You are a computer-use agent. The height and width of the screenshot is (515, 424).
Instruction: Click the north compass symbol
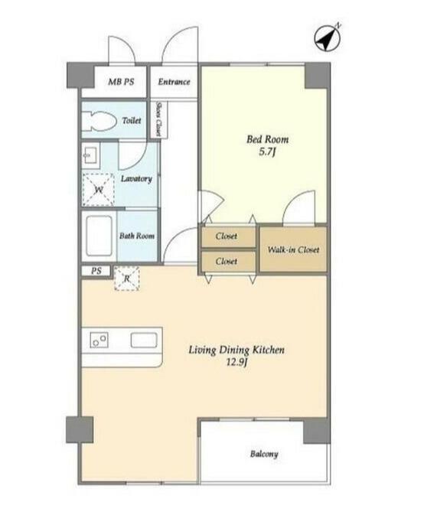click(328, 38)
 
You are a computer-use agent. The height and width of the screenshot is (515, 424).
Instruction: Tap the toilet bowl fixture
click(99, 121)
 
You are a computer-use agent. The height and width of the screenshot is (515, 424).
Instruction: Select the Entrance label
click(174, 82)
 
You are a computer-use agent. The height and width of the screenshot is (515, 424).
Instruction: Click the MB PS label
click(121, 82)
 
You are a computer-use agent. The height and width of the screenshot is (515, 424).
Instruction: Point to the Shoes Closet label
click(158, 119)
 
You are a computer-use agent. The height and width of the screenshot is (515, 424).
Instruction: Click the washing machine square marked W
click(99, 190)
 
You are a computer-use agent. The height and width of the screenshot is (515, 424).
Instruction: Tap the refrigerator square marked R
click(127, 279)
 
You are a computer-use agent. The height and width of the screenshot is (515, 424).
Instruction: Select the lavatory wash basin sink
click(90, 155)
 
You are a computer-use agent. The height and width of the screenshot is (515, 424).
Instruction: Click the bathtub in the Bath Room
click(99, 236)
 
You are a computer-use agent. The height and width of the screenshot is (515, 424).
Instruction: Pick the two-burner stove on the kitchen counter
click(99, 340)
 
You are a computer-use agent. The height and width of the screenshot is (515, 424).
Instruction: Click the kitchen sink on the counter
click(144, 341)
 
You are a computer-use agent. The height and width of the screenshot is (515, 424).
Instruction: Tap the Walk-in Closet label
click(293, 250)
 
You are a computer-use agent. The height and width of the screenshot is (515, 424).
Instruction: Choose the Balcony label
click(264, 454)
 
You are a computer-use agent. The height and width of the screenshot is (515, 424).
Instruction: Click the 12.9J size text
click(236, 362)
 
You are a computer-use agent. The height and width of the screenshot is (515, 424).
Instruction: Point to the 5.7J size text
click(267, 152)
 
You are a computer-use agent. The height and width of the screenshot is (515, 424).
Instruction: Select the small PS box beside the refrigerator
click(96, 272)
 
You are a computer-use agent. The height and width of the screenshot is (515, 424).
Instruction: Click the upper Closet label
click(227, 236)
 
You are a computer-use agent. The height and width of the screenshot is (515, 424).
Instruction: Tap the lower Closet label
click(227, 262)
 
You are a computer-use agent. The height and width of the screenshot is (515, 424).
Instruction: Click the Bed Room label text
click(268, 139)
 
